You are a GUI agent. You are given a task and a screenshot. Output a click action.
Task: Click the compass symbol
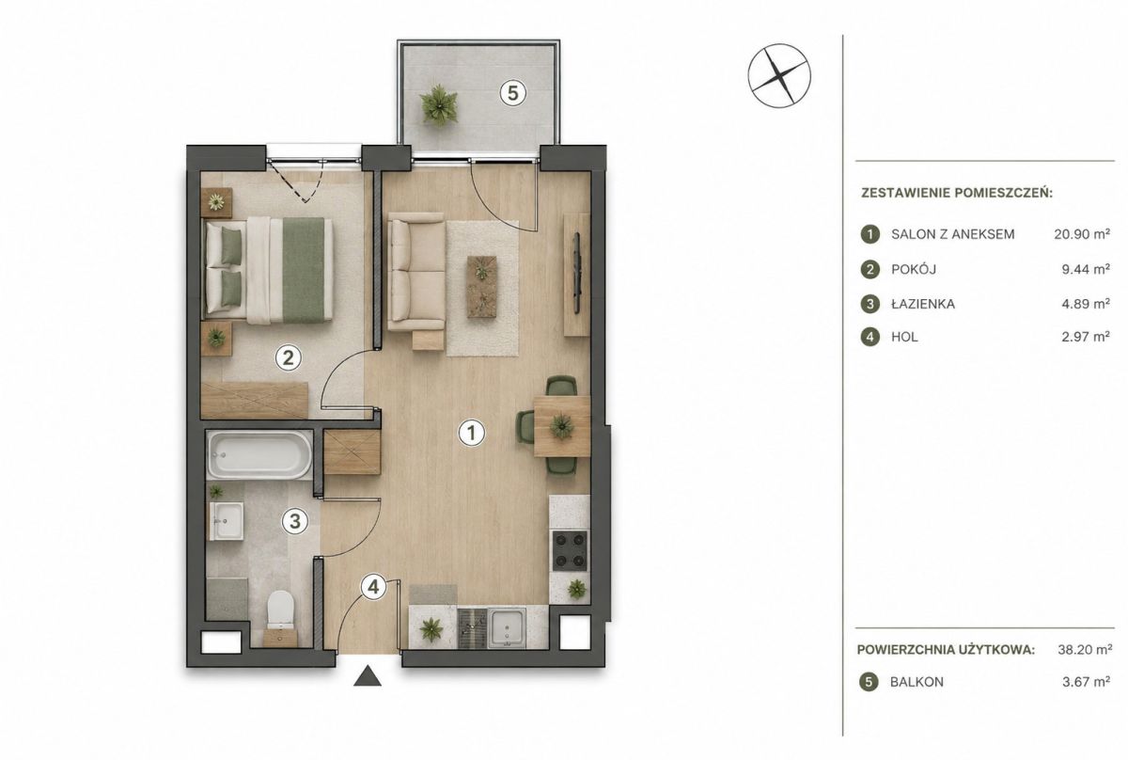[779, 76]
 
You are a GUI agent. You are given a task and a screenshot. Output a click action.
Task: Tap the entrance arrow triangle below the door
[368, 676]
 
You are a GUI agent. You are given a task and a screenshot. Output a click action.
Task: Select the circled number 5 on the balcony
[512, 93]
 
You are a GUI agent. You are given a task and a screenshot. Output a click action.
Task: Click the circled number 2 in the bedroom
[288, 357]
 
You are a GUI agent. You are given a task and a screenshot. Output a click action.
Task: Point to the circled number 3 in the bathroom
[295, 521]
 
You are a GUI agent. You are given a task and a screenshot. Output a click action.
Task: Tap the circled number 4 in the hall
[373, 587]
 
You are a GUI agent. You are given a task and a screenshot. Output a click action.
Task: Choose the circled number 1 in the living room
[472, 433]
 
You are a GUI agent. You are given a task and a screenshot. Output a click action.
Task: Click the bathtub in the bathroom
[259, 455]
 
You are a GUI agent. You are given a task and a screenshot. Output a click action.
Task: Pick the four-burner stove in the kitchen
[570, 551]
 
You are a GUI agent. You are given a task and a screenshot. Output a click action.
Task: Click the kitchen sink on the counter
[508, 627]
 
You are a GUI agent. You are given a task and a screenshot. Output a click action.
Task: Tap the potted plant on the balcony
[439, 104]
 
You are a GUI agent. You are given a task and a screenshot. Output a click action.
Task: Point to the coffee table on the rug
[482, 287]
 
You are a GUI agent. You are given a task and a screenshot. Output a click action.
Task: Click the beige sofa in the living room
[416, 272]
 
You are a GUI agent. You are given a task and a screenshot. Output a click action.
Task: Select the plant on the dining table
[562, 426]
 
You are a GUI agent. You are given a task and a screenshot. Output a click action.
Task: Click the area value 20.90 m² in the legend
[1082, 234]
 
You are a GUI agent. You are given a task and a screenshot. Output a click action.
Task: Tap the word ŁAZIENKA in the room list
[923, 305]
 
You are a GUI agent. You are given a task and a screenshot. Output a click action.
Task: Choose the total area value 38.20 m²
[1085, 650]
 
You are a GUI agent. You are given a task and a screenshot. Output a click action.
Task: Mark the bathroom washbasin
[227, 520]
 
